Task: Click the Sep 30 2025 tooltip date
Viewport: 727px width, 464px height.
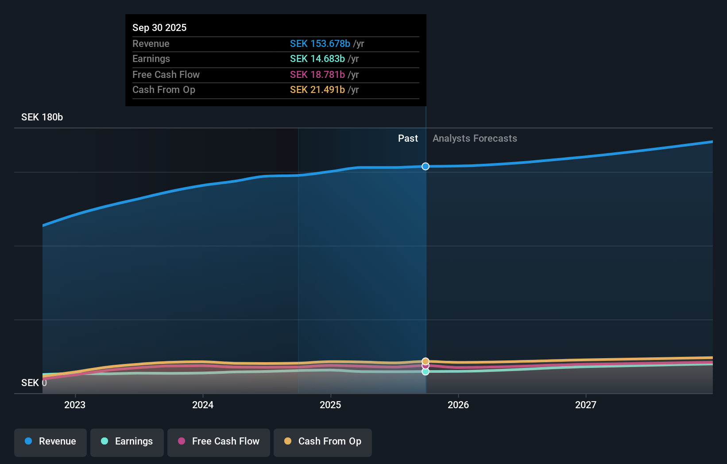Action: [x=159, y=27]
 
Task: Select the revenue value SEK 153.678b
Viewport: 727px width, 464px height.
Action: [x=320, y=43]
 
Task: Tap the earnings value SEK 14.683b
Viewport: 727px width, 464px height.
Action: [x=317, y=58]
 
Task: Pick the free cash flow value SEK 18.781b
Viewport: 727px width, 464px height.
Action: [x=317, y=74]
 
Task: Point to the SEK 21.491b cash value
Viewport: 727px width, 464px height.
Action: [x=317, y=89]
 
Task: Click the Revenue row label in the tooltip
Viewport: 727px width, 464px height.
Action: [x=151, y=43]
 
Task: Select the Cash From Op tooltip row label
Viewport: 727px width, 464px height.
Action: [x=163, y=89]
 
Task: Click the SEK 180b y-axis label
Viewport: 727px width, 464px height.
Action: [x=42, y=117]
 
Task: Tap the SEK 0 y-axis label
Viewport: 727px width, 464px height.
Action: [x=34, y=383]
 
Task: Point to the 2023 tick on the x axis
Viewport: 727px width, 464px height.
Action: [x=75, y=405]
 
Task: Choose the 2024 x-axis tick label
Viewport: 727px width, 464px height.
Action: [x=203, y=405]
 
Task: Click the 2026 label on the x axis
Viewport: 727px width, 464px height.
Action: [x=458, y=405]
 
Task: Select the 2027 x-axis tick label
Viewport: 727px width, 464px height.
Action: [x=586, y=405]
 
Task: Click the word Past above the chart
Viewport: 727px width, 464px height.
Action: [x=408, y=138]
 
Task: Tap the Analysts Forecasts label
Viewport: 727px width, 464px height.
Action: [x=475, y=138]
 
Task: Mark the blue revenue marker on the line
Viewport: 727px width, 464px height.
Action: [x=425, y=166]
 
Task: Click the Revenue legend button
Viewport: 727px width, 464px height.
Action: [x=50, y=441]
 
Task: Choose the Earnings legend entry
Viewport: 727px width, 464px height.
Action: [x=127, y=441]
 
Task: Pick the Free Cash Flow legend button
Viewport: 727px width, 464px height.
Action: [x=219, y=441]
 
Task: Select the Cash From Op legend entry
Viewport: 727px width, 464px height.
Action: [x=323, y=441]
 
